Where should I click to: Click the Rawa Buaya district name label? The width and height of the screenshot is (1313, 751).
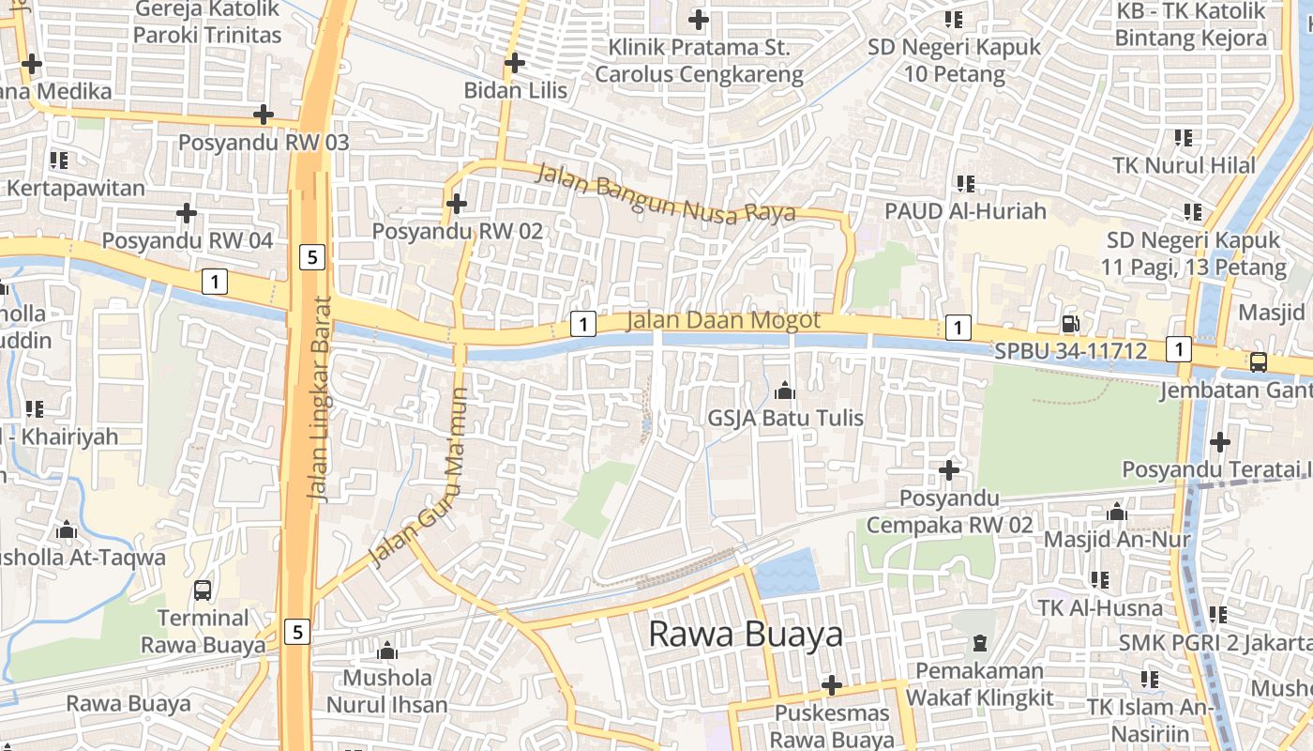point(746,635)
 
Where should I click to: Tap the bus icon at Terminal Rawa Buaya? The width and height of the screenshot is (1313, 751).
point(203,590)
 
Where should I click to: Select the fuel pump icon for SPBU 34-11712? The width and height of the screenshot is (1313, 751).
point(1069,325)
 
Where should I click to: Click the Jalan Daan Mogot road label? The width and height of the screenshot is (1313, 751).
point(722,320)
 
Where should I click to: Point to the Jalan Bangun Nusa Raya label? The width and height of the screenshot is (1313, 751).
point(665,193)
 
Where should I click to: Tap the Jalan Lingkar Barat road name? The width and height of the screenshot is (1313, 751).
point(320,399)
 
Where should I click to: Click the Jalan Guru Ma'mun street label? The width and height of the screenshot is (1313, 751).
point(420,478)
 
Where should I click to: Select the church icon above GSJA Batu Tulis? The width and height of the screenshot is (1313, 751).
point(785,391)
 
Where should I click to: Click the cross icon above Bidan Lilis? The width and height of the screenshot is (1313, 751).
point(514,63)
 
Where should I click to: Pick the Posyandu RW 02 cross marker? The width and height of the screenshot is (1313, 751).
point(457,203)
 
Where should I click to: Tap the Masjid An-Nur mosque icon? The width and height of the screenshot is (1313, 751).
point(1116,513)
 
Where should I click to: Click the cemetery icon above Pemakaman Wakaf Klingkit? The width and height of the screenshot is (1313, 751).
point(980,643)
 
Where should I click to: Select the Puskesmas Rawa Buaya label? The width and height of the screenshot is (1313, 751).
point(832,726)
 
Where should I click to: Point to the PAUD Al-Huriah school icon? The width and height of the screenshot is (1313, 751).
point(965,183)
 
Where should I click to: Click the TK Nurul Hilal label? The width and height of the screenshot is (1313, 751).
point(1184,165)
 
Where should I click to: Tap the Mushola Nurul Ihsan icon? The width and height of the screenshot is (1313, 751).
point(387,651)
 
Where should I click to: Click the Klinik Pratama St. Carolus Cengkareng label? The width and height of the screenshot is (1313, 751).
point(699,60)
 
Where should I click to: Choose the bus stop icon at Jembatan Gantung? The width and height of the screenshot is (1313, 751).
point(1258,361)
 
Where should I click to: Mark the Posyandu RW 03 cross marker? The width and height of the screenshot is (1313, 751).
point(264,115)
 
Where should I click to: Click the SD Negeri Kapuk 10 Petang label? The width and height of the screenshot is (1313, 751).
point(954,60)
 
